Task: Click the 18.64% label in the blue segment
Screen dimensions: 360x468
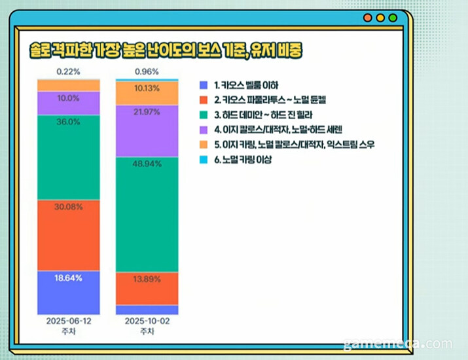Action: tap(69, 278)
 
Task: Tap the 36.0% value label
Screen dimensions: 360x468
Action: tap(69, 122)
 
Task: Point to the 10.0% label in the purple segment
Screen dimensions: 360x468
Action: tap(69, 98)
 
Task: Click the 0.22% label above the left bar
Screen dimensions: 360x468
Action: tap(69, 71)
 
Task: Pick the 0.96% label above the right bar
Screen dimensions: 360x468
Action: tap(147, 71)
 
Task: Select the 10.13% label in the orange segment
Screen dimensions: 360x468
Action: tap(147, 89)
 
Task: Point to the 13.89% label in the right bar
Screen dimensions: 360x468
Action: tap(147, 279)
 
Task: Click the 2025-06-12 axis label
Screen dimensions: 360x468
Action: tap(69, 323)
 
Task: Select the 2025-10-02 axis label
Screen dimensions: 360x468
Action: tap(147, 323)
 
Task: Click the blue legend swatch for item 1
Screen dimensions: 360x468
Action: tap(203, 84)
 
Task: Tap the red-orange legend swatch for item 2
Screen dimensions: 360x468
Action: tap(203, 99)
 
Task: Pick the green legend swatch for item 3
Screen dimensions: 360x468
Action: tap(203, 115)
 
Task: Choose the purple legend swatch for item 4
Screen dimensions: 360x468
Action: tap(203, 130)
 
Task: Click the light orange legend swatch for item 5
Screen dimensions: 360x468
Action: tap(203, 145)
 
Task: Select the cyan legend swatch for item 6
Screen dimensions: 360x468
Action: tap(203, 160)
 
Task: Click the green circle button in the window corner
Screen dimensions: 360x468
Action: tap(393, 18)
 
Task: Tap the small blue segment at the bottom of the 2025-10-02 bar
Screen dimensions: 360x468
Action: tap(147, 310)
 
